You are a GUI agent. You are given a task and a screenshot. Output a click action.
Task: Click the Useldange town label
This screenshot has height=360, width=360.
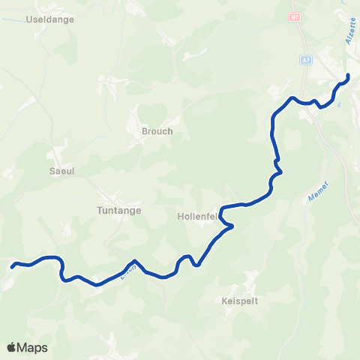pyautogui.click(x=49, y=19)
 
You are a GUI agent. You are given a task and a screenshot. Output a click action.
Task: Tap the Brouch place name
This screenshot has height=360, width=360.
pyautogui.click(x=157, y=131)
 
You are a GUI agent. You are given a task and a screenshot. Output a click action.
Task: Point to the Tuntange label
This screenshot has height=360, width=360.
pyautogui.click(x=119, y=211)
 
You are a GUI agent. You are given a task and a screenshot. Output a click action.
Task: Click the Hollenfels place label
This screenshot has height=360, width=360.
pyautogui.click(x=198, y=216)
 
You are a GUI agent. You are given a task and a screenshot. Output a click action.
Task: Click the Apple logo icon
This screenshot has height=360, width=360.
pyautogui.click(x=11, y=347)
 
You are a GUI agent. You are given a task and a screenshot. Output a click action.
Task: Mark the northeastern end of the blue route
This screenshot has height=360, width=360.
pyautogui.click(x=348, y=76)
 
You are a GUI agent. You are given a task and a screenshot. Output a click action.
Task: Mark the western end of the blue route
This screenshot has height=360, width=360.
pyautogui.click(x=12, y=265)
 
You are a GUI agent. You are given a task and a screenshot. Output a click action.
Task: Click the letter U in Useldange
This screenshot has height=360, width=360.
pyautogui.click(x=29, y=19)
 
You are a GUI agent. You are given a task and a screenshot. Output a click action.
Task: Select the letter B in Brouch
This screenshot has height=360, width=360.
pyautogui.click(x=145, y=131)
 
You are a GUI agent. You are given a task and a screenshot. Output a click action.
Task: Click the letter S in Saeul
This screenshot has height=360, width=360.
pyautogui.click(x=51, y=171)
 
